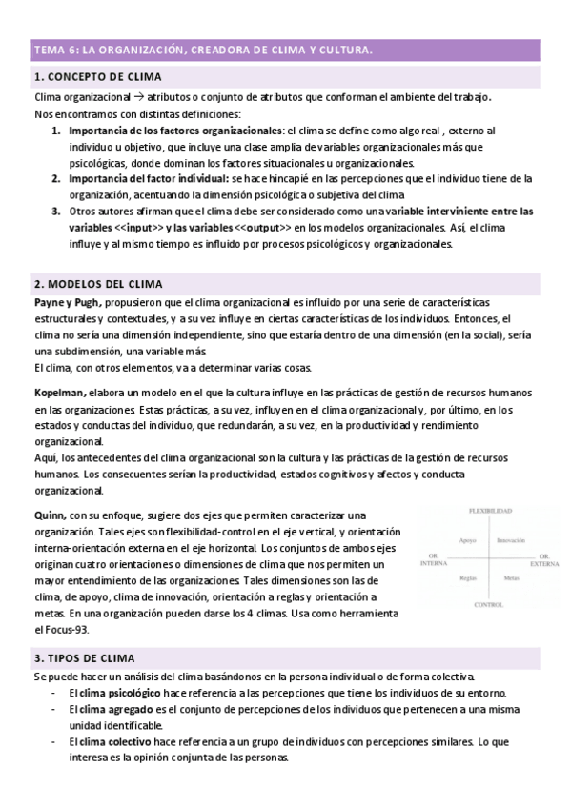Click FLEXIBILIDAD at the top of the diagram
point(490,511)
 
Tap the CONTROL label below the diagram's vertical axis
point(489,605)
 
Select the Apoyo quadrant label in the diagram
point(467,540)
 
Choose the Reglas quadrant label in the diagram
point(467,578)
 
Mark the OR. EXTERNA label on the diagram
point(544,560)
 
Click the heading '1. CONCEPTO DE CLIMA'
point(97,76)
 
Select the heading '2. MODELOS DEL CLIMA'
point(97,284)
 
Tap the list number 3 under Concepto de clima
point(56,211)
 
